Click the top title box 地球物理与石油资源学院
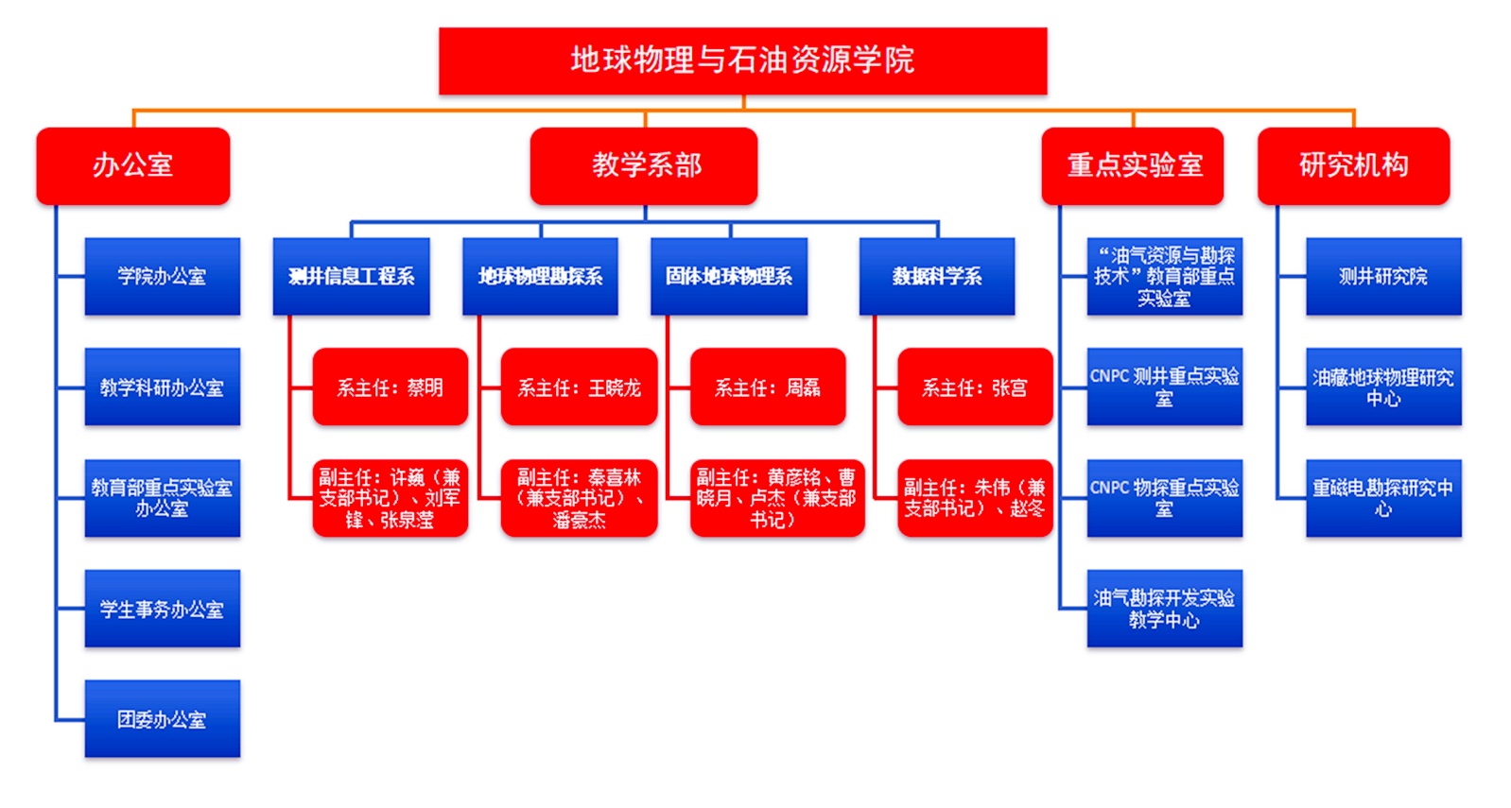point(742,60)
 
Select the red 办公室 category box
point(133,165)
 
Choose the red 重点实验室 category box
point(1133,165)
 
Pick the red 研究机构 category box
point(1353,165)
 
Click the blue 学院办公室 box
point(162,276)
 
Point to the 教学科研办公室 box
point(162,387)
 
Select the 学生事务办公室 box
point(162,609)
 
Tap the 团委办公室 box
point(162,719)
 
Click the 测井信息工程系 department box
point(351,276)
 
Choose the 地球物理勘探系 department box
point(540,276)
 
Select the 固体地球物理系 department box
point(729,276)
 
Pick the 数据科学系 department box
point(936,276)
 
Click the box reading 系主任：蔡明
point(390,387)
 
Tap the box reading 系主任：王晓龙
point(579,387)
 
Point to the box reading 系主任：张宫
point(975,387)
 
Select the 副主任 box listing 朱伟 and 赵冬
point(975,498)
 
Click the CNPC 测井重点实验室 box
point(1164,387)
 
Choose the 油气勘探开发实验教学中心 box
point(1164,609)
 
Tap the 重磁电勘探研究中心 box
point(1383,498)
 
